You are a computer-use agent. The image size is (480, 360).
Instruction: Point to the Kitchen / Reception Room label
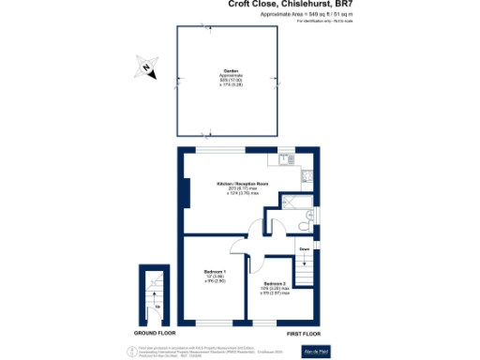[x=230, y=184]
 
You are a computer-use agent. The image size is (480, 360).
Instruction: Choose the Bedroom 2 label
[x=275, y=283]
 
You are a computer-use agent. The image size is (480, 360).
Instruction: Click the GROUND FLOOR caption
[x=156, y=333]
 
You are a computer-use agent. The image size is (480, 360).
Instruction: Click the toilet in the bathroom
[x=296, y=225]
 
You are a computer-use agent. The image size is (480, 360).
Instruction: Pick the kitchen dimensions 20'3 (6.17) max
[x=230, y=188]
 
